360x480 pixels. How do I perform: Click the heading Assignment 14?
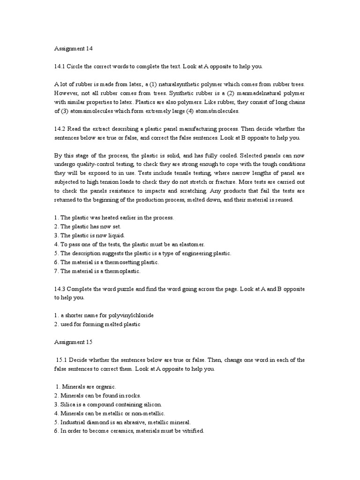click(x=71, y=48)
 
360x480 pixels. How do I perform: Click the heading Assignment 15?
click(x=71, y=342)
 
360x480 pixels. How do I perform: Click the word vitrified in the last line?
click(x=191, y=431)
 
